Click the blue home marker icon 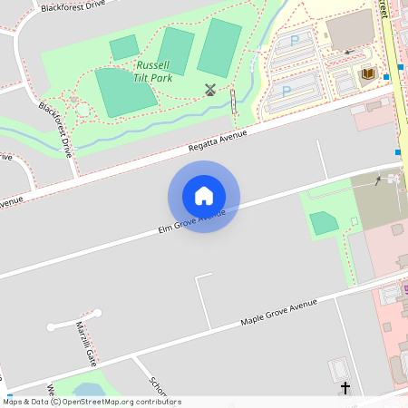coord(204,196)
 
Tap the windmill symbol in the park coord(210,89)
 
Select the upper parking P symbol coord(294,41)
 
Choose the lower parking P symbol coord(287,91)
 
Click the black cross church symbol coord(345,388)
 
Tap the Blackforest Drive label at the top coord(66,5)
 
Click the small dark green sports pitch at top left coord(124,48)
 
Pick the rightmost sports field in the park coord(219,47)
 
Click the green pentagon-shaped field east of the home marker coord(324,223)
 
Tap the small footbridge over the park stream coord(234,101)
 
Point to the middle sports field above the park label coord(176,51)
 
